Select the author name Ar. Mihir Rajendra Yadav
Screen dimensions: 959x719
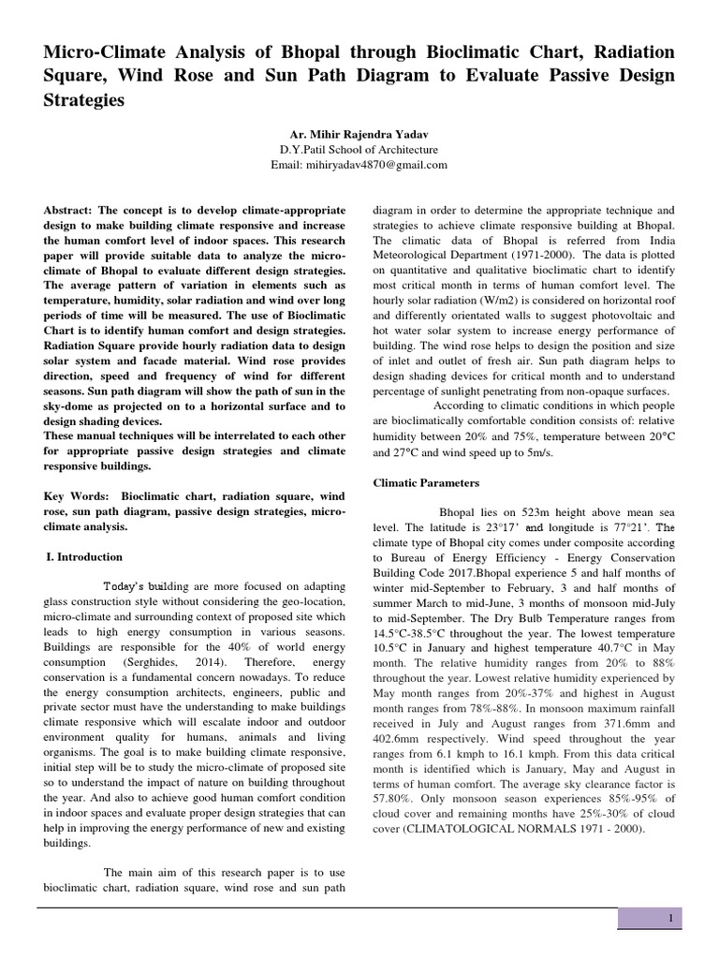click(x=359, y=135)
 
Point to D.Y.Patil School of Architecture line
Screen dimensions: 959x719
click(x=359, y=150)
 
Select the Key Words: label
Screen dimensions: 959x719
click(x=76, y=495)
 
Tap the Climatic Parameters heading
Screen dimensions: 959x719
click(x=426, y=483)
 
